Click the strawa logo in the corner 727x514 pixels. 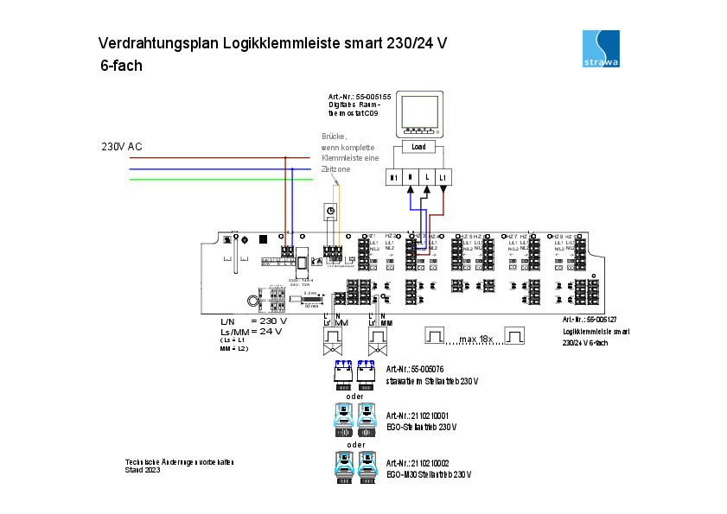602,50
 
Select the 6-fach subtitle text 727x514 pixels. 121,65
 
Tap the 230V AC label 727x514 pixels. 122,147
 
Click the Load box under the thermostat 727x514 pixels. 418,147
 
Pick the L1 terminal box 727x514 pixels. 443,177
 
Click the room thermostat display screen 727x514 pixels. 418,111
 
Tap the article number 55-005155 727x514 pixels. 367,96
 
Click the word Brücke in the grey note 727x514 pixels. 334,136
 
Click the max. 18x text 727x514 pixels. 476,339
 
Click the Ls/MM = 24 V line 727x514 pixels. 252,331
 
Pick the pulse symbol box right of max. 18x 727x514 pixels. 515,335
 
